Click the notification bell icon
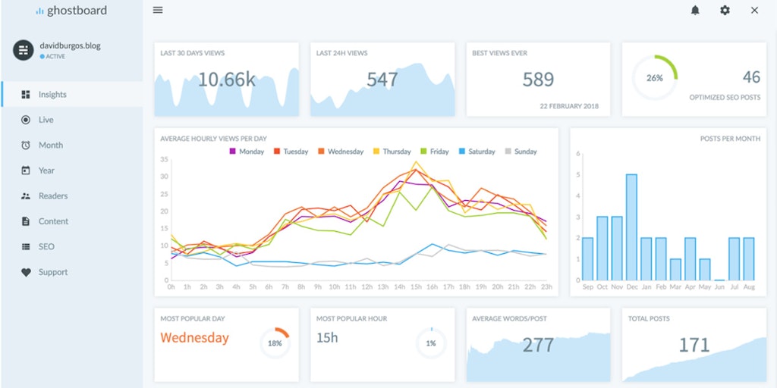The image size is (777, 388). pyautogui.click(x=695, y=11)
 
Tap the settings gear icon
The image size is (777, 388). pyautogui.click(x=725, y=11)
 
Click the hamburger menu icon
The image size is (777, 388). pyautogui.click(x=158, y=11)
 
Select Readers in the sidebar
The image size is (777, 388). pyautogui.click(x=53, y=196)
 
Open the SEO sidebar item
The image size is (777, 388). pyautogui.click(x=46, y=246)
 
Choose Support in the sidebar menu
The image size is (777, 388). pyautogui.click(x=52, y=272)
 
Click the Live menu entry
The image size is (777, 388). pyautogui.click(x=46, y=120)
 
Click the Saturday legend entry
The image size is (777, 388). pyautogui.click(x=477, y=152)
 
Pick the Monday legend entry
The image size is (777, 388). pyautogui.click(x=247, y=152)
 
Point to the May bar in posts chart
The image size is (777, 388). pyautogui.click(x=704, y=270)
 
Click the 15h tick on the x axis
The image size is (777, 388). pyautogui.click(x=416, y=287)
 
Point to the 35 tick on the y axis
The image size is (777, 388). pyautogui.click(x=164, y=159)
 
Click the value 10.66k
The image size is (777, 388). pyautogui.click(x=227, y=80)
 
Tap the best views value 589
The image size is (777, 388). pyautogui.click(x=538, y=80)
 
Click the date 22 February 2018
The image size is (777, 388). pyautogui.click(x=569, y=106)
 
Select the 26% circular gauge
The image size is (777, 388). pyautogui.click(x=655, y=77)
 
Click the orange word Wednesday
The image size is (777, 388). pyautogui.click(x=194, y=338)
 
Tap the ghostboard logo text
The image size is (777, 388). pyautogui.click(x=77, y=11)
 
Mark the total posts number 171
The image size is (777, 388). pyautogui.click(x=694, y=346)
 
